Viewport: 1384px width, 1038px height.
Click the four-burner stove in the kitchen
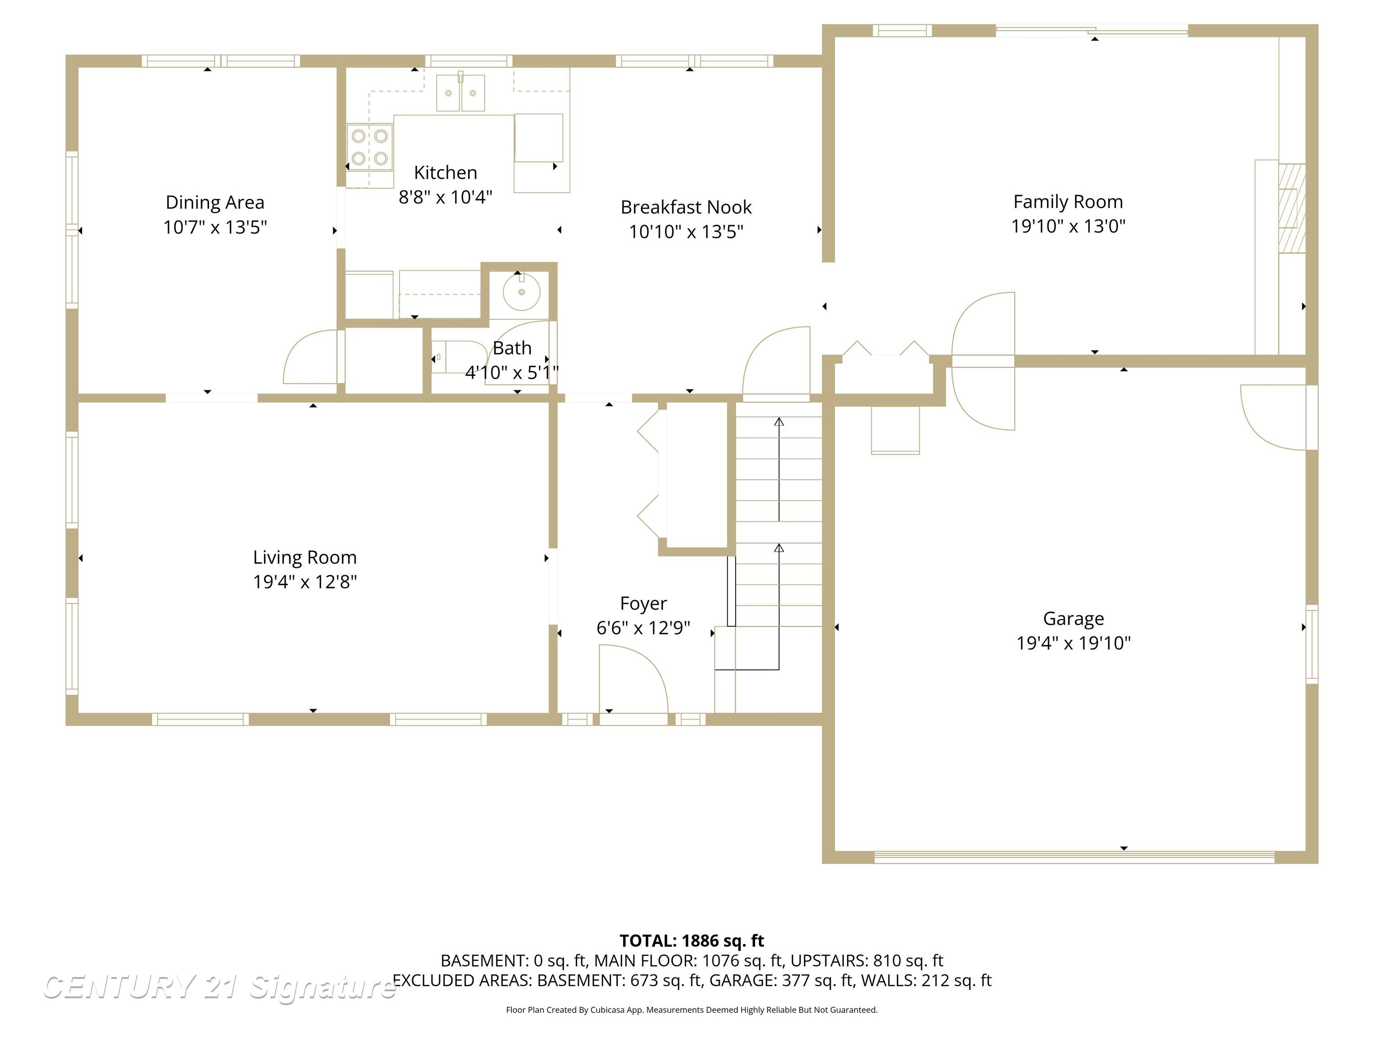point(370,147)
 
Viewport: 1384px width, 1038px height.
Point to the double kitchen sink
point(460,93)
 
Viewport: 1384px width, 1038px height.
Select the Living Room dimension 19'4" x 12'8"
point(305,582)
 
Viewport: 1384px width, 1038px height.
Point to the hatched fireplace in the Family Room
point(1291,208)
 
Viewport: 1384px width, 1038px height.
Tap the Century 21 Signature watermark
point(219,988)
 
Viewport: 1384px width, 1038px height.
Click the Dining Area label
point(214,203)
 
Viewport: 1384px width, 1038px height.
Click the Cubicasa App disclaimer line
point(692,1010)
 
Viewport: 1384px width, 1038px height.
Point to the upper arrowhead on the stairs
point(779,422)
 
